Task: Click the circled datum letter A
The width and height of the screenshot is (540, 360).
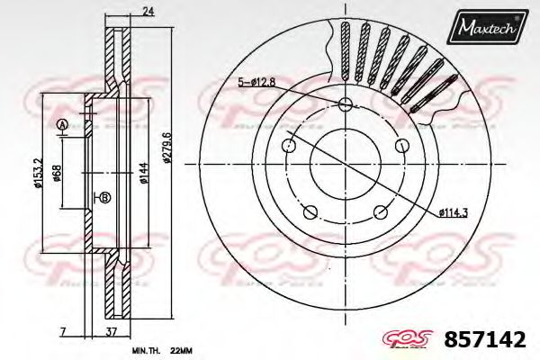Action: coord(62,124)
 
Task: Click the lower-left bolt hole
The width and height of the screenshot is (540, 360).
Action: coord(310,212)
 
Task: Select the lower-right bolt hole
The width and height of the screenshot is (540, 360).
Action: coord(383,212)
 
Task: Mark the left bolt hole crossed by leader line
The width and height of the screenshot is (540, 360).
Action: coord(288,144)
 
